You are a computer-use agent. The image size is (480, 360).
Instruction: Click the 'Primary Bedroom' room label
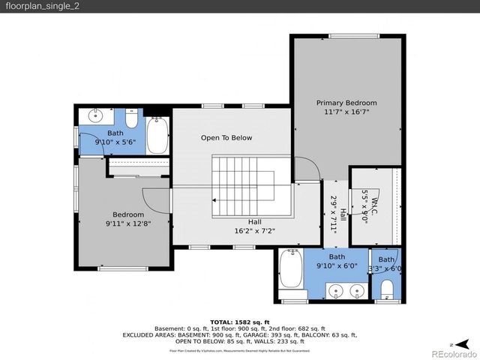click(346, 103)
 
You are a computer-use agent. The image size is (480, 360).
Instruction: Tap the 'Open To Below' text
click(226, 138)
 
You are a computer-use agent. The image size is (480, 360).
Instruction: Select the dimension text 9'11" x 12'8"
click(128, 223)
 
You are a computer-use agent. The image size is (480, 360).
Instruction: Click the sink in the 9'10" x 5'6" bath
click(95, 116)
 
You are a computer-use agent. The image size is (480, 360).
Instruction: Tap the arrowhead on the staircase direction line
click(215, 200)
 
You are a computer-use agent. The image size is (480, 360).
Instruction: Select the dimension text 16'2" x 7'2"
click(255, 231)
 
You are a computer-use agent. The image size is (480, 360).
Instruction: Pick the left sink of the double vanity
click(336, 290)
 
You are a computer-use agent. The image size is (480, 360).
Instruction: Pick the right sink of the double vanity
click(358, 290)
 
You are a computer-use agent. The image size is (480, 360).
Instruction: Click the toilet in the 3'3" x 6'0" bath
click(386, 289)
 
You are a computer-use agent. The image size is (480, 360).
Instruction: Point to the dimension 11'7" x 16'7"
click(346, 112)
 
